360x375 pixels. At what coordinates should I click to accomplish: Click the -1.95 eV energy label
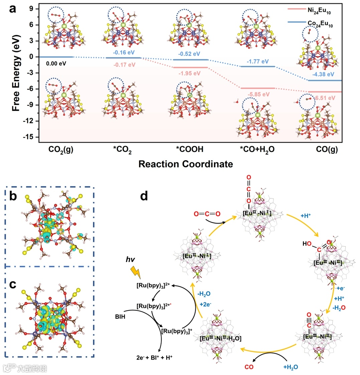[190, 73]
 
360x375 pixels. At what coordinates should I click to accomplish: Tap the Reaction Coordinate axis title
[186, 164]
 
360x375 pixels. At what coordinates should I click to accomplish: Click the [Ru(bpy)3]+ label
[173, 331]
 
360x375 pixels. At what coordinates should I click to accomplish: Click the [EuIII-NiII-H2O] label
[221, 338]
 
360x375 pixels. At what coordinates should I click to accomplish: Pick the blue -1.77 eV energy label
[258, 62]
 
